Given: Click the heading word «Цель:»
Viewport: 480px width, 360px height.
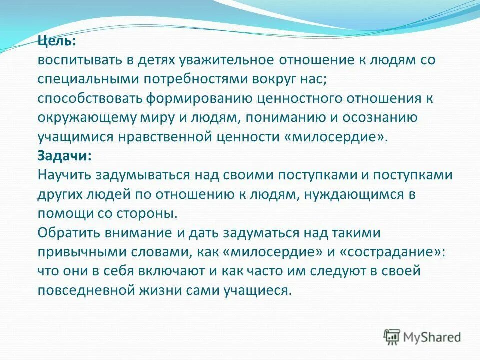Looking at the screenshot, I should pos(55,41).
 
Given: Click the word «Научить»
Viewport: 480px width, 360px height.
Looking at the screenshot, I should pos(61,175).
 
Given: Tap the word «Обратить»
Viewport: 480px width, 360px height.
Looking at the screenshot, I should pos(67,233).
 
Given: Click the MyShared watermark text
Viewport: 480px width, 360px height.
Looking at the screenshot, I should pos(431,337).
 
